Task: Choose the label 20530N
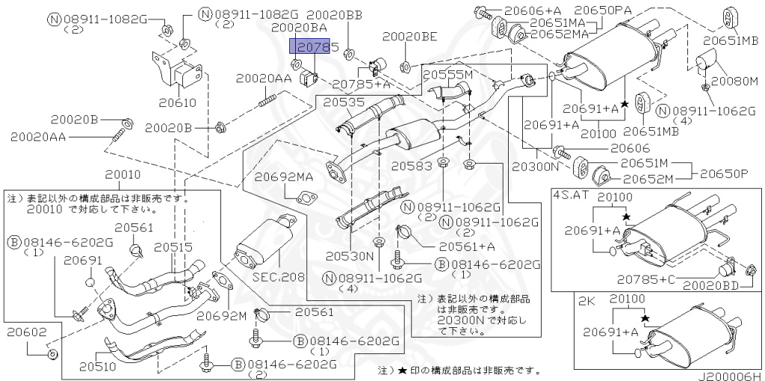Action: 348,255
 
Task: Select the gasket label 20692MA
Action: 284,177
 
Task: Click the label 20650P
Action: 724,173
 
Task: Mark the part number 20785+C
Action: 645,279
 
